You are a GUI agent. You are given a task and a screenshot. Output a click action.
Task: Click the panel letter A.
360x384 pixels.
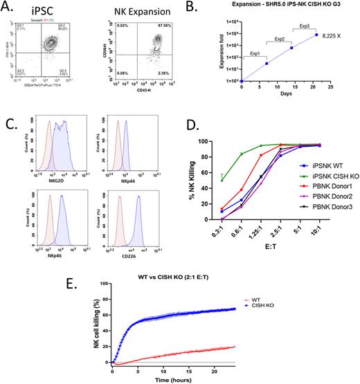click(10, 9)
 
